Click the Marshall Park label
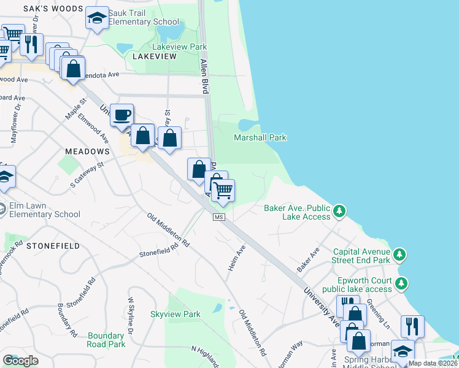tap(260, 137)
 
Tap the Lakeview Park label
tap(179, 47)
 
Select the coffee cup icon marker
tap(122, 114)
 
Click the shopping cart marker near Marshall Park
tap(222, 190)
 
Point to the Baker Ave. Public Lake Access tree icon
tap(339, 212)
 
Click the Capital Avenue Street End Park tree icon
tap(400, 253)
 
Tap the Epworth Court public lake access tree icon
tap(401, 283)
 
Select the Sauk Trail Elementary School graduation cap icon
tap(96, 18)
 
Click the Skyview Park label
tap(175, 314)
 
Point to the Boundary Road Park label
tap(106, 340)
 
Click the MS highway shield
tap(219, 218)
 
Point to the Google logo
tap(21, 361)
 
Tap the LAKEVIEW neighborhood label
tap(154, 56)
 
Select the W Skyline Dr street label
tap(131, 316)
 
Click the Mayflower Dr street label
tap(15, 125)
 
